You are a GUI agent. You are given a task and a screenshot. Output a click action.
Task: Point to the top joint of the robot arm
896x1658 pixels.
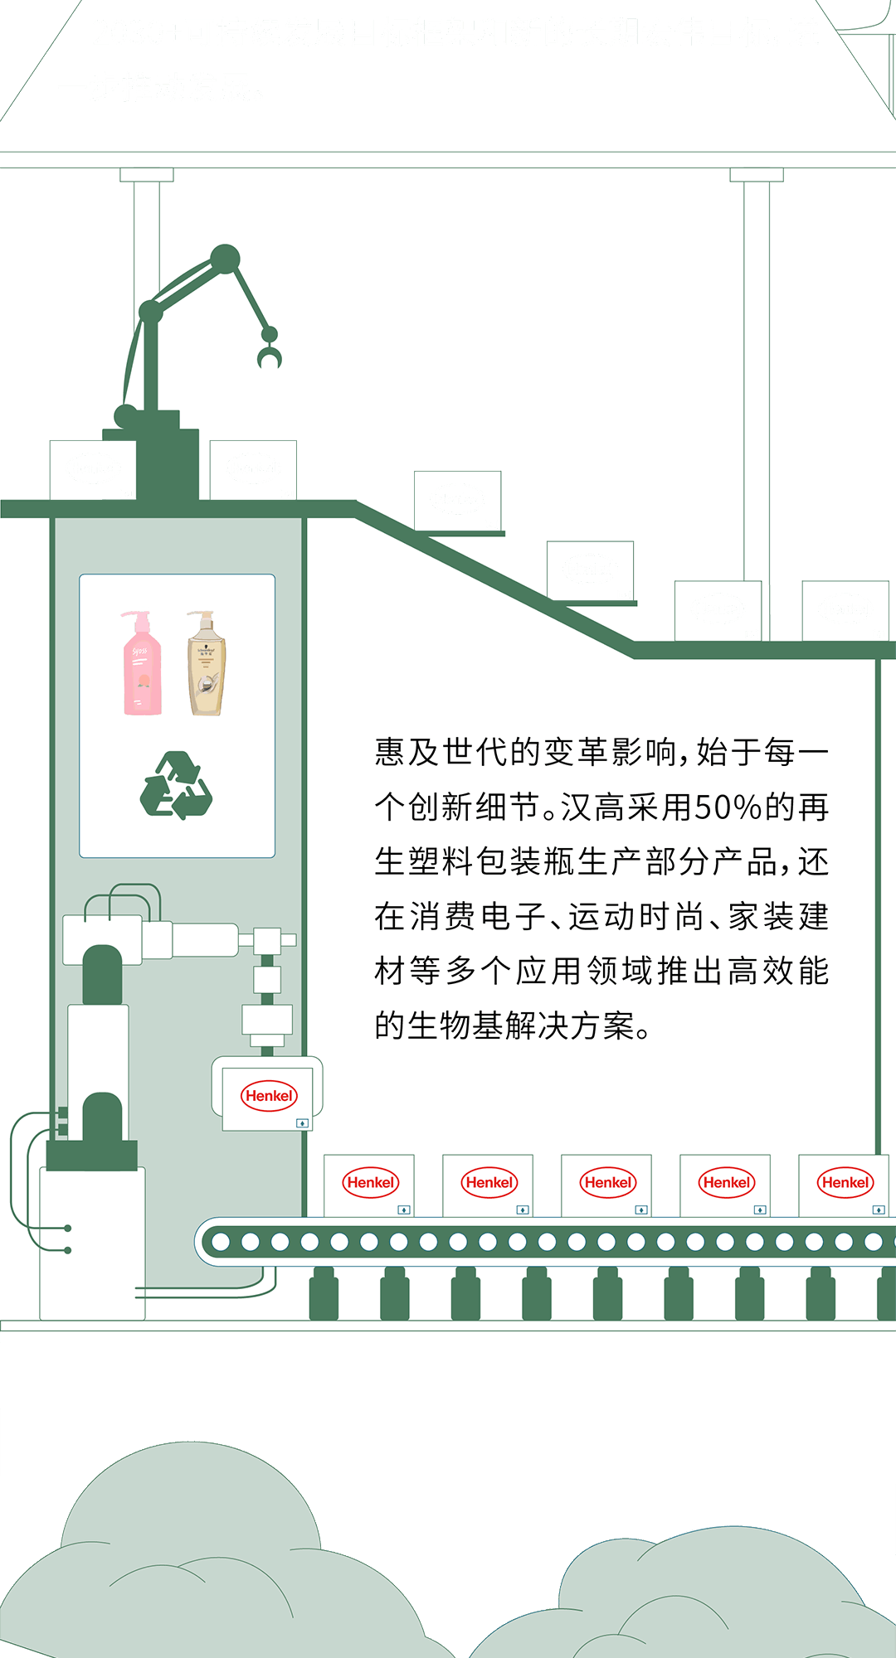[225, 259]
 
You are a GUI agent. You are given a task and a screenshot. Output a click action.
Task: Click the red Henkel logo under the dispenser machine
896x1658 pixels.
[269, 1096]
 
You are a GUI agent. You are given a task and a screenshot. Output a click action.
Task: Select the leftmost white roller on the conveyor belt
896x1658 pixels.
[221, 1242]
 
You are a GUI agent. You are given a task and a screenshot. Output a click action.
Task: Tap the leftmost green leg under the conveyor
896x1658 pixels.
[324, 1294]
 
